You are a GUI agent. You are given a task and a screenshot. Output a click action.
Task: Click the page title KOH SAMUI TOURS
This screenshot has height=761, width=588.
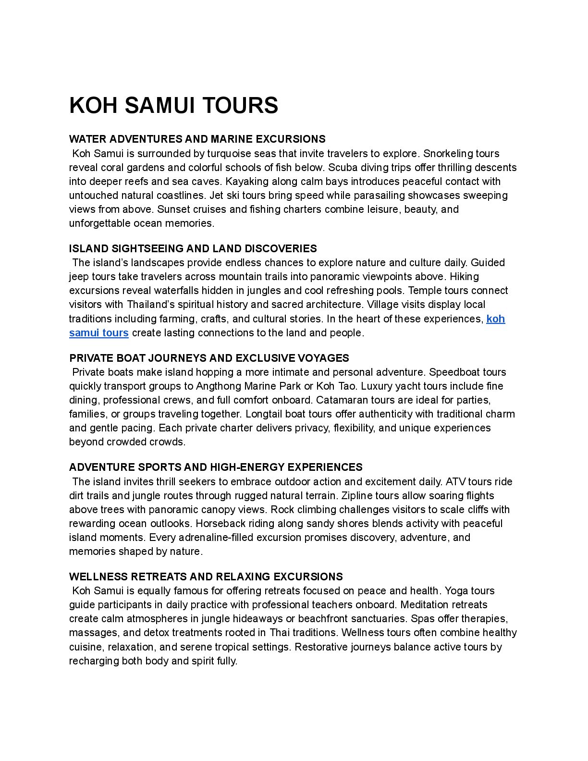pyautogui.click(x=173, y=106)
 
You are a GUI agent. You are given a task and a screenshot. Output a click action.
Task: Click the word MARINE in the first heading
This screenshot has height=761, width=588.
pyautogui.click(x=232, y=139)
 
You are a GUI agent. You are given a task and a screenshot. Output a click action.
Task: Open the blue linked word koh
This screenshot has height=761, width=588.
pyautogui.click(x=495, y=319)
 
